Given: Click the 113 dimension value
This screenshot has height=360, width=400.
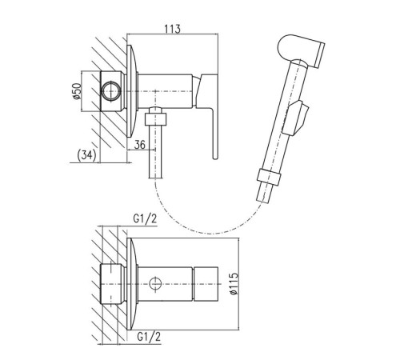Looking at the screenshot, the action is click(x=172, y=29).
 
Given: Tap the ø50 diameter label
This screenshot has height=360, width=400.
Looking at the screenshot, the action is click(x=77, y=91).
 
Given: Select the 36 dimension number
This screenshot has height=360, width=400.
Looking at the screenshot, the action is click(x=140, y=145).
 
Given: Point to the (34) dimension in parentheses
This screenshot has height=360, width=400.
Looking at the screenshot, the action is click(x=86, y=155).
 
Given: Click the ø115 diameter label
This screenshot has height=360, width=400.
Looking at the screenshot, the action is click(x=234, y=283).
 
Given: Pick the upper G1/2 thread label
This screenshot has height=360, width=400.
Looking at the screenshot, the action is click(x=145, y=219).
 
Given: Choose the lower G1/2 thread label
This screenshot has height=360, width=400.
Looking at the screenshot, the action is click(x=149, y=337).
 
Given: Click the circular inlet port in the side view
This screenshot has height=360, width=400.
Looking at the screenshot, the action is click(x=111, y=91).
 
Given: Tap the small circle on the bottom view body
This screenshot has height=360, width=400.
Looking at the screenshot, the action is click(x=155, y=283).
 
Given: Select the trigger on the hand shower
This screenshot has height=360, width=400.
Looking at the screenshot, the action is click(x=296, y=118).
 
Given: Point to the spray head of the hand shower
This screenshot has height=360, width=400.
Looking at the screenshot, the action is click(x=302, y=50).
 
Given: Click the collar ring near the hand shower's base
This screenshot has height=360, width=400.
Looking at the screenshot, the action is click(x=270, y=177).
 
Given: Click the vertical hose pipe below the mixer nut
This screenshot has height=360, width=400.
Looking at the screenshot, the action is click(x=155, y=151).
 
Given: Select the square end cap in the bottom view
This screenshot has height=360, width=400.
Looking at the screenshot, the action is click(x=206, y=284).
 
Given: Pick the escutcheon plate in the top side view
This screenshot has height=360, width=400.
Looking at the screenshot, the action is click(x=133, y=91).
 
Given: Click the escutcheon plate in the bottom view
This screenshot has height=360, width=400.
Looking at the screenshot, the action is click(x=133, y=284).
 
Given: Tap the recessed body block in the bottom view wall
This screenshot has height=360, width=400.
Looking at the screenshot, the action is click(x=113, y=284).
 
